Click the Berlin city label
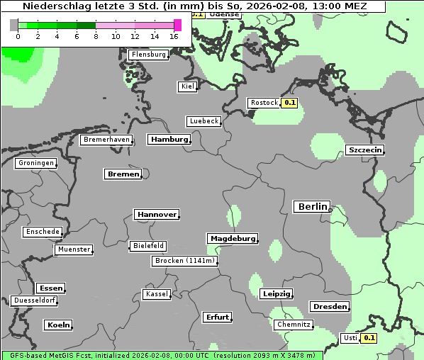click(311, 207)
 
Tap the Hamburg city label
click(169, 140)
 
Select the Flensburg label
click(149, 55)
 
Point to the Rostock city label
click(264, 103)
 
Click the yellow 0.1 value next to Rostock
click(289, 103)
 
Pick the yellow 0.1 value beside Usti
click(369, 338)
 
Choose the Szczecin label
click(364, 150)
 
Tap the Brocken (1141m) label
click(184, 261)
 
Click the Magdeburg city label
click(232, 239)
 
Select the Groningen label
click(35, 163)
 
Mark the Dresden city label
click(329, 307)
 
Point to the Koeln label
click(58, 325)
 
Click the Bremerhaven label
click(106, 140)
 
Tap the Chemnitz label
click(294, 325)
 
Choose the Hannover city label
click(156, 214)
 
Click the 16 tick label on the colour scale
click(174, 35)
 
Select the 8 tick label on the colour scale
click(96, 35)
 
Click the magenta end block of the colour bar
click(177, 25)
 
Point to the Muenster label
click(74, 249)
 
